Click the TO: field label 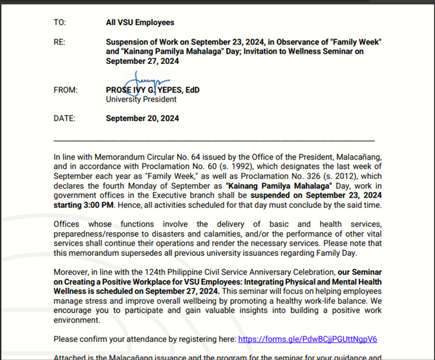[59, 23]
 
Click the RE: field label [59, 41]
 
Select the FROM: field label [65, 90]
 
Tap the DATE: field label [65, 118]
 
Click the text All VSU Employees [140, 23]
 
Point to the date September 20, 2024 [142, 118]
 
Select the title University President [141, 100]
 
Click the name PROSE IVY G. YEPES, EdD [153, 90]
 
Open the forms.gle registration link [307, 339]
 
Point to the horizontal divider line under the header [214, 140]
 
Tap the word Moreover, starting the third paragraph [72, 272]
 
